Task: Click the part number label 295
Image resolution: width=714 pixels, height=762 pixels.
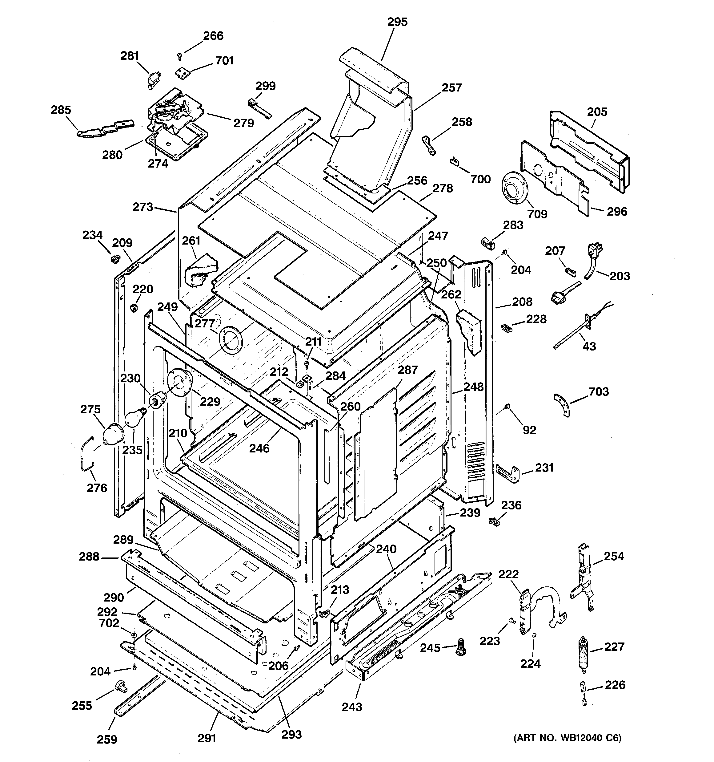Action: click(x=397, y=22)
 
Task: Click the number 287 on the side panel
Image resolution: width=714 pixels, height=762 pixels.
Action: click(x=407, y=370)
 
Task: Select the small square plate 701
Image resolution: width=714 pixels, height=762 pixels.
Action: click(x=183, y=72)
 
